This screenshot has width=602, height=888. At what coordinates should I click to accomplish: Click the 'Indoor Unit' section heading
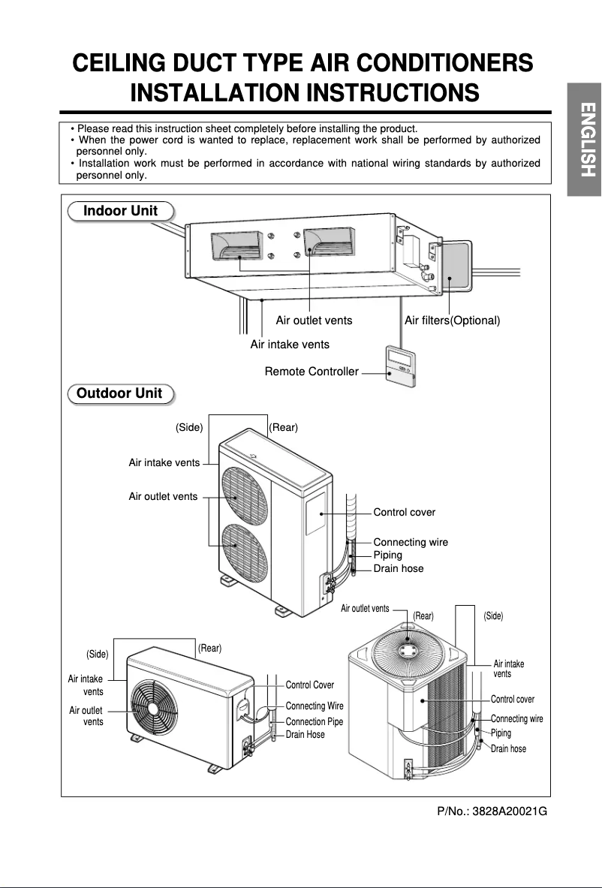coord(120,211)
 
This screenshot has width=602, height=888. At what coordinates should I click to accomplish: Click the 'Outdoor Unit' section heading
coord(119,393)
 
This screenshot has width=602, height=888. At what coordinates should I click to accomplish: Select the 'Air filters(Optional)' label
coord(452,321)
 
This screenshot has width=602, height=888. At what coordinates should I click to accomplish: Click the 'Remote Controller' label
coord(312,372)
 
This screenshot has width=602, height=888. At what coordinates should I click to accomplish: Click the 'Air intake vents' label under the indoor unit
coord(290,345)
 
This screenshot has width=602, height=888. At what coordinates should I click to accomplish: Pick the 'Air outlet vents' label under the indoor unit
coord(314,321)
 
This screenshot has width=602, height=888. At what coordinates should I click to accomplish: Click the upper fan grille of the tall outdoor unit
coord(239,496)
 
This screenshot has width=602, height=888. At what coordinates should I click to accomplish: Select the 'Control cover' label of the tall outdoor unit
coord(404,512)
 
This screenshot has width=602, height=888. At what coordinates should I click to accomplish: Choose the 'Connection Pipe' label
coord(314,721)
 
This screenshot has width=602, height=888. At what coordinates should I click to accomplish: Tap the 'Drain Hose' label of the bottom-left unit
coord(305,734)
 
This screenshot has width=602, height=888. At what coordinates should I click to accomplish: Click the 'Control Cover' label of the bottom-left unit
coord(309,685)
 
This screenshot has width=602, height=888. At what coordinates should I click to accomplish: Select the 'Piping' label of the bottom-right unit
coord(501,733)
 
